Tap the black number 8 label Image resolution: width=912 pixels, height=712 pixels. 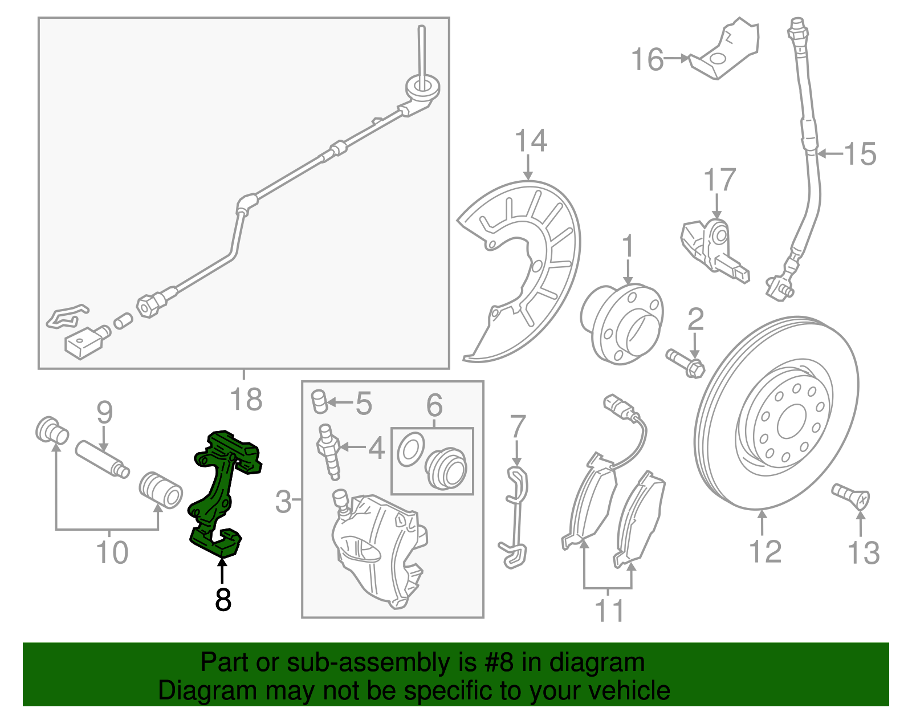(223, 600)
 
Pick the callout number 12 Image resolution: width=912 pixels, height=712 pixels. (764, 552)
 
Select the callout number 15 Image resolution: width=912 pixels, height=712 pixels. (860, 154)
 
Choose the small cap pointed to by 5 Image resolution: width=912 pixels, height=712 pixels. (320, 402)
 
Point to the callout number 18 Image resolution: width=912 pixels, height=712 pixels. (246, 399)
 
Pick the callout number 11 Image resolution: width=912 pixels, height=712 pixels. (609, 611)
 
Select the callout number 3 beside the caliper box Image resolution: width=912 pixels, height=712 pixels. (283, 502)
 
